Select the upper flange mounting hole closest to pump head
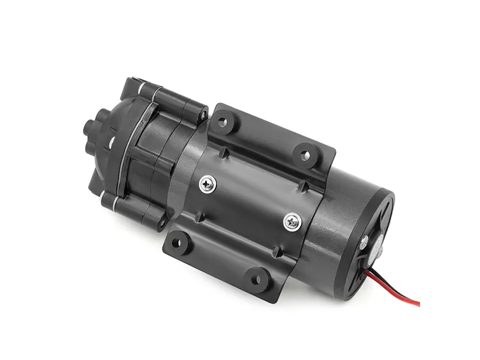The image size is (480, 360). point(223,122)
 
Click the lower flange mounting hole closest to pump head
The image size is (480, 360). point(178,243)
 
